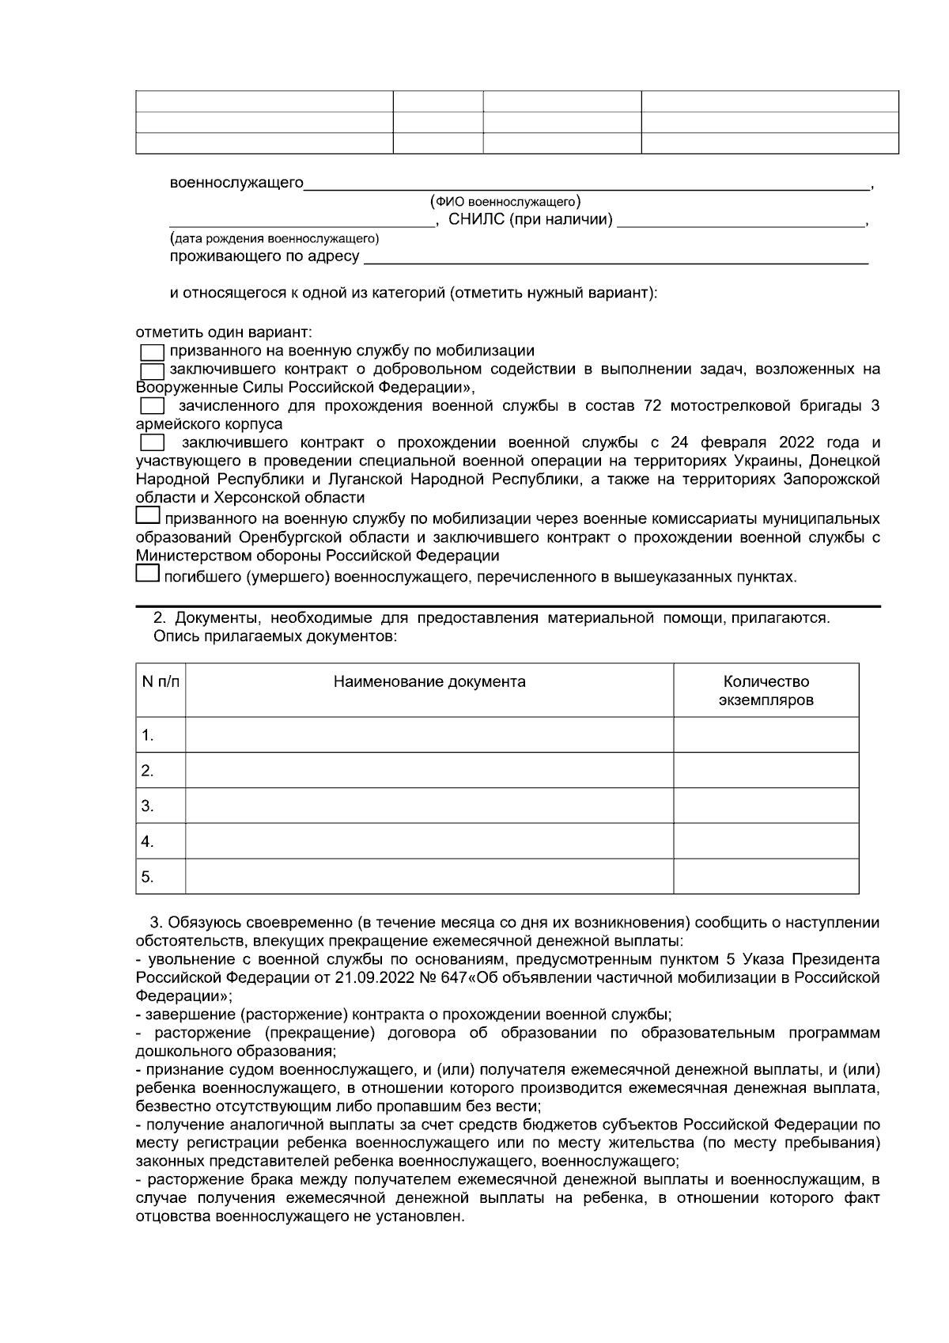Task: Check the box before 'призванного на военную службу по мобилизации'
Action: coord(151,351)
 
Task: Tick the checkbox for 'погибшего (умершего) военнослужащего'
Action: coord(148,573)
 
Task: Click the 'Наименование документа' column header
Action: coord(429,682)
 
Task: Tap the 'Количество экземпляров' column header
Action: coord(766,691)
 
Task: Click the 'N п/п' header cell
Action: coord(161,682)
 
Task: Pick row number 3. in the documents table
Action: coord(148,806)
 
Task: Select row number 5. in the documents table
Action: coord(148,877)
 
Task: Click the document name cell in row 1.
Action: coord(429,735)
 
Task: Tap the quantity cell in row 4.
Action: coord(766,841)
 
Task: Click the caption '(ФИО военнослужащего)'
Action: coord(506,202)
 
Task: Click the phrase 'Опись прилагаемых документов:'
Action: coord(274,636)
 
